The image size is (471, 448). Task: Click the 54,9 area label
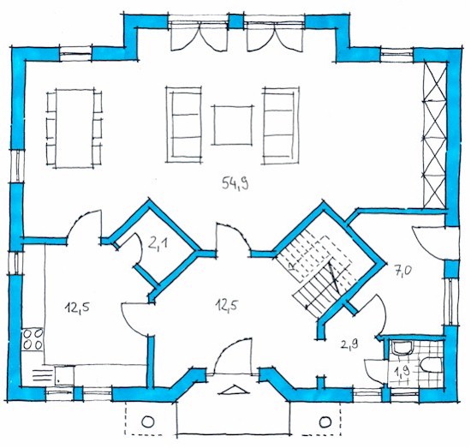[235, 183]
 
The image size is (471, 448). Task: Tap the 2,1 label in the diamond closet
[158, 244]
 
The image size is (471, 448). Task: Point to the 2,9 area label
[349, 344]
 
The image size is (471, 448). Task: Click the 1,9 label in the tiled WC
[402, 373]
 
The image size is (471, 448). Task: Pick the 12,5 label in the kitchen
[77, 307]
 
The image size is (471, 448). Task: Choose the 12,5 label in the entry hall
[226, 306]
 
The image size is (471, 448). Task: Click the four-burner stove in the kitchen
[33, 339]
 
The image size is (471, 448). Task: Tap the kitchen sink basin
[64, 375]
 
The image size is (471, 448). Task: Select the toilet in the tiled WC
[432, 365]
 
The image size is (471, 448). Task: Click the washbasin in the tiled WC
[402, 348]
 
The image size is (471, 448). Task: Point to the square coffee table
[233, 125]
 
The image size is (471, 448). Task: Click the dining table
[75, 128]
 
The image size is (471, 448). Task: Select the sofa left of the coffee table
[184, 124]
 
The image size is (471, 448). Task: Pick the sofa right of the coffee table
[281, 126]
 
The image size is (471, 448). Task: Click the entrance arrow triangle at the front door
[234, 390]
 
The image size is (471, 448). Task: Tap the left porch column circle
[147, 421]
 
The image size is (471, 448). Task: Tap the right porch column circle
[325, 421]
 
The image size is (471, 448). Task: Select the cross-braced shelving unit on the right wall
[434, 135]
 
